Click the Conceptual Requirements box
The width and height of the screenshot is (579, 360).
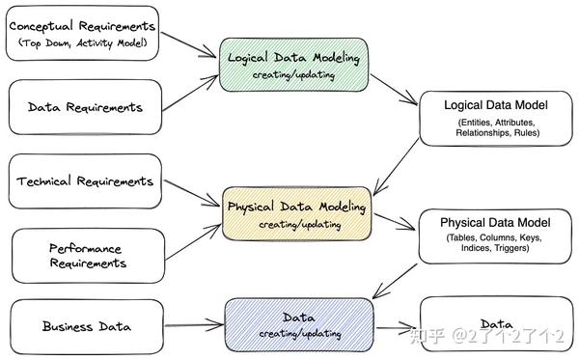click(81, 33)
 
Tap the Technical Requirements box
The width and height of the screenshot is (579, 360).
click(85, 181)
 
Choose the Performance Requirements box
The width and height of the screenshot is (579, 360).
click(87, 256)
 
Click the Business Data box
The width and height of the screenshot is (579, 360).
click(87, 325)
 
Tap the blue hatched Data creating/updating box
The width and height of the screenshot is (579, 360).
click(299, 325)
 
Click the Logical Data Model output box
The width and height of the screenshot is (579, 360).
click(497, 119)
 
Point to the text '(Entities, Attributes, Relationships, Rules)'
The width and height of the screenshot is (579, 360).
click(497, 127)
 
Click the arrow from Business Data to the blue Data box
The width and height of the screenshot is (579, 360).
click(193, 324)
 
